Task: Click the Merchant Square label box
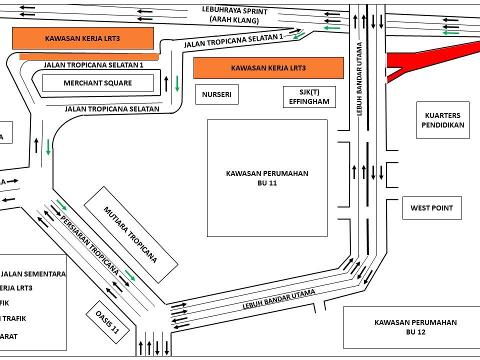pyautogui.click(x=97, y=83)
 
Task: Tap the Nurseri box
pyautogui.click(x=216, y=94)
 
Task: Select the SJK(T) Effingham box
pyautogui.click(x=309, y=97)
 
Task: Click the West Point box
pyautogui.click(x=431, y=208)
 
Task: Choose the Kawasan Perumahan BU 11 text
pyautogui.click(x=267, y=178)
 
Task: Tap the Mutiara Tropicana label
pyautogui.click(x=130, y=234)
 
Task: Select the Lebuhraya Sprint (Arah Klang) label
pyautogui.click(x=234, y=15)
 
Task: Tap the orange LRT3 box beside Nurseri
pyautogui.click(x=268, y=68)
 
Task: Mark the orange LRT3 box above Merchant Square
pyautogui.click(x=82, y=38)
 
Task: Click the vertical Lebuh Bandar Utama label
pyautogui.click(x=359, y=79)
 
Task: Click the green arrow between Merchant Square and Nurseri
pyautogui.click(x=177, y=83)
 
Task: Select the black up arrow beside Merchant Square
pyautogui.click(x=166, y=83)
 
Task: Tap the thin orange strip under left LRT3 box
pyautogui.click(x=89, y=56)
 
